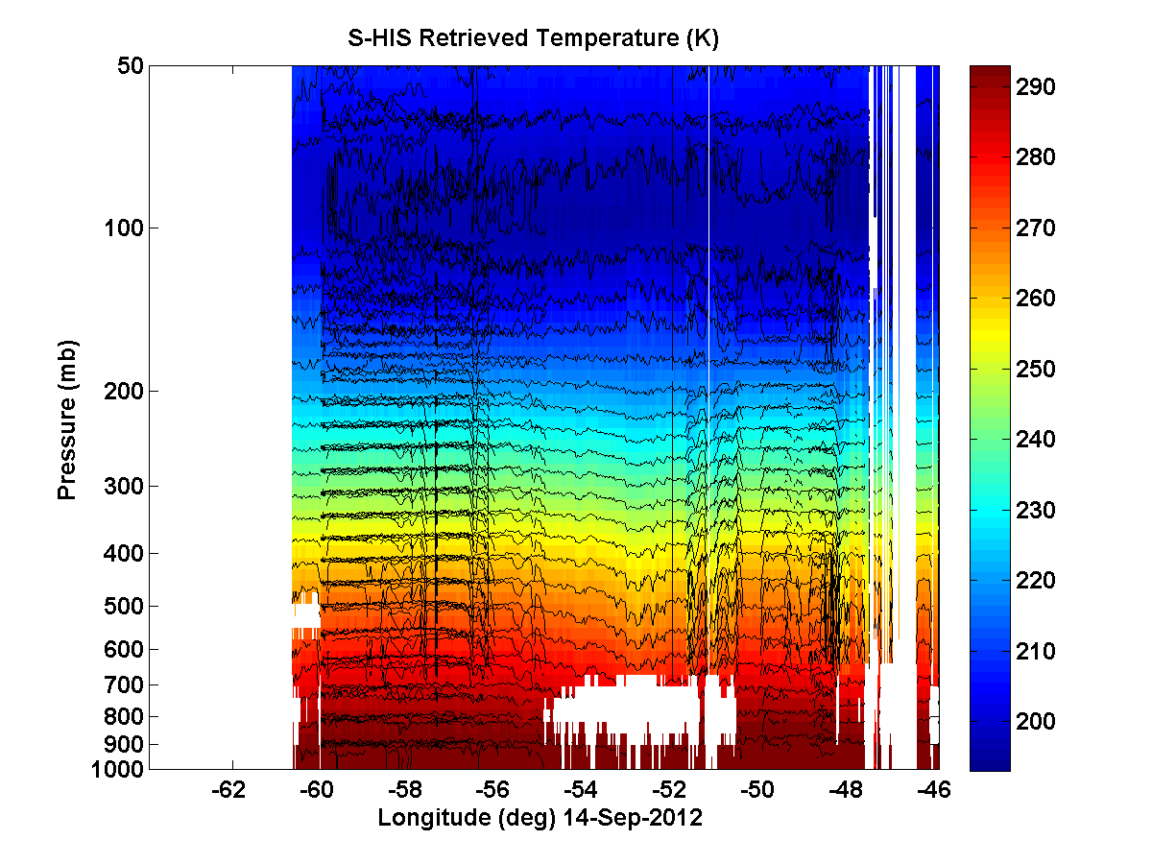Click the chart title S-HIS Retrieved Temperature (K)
(x=534, y=38)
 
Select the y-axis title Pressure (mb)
(x=66, y=420)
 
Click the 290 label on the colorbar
(x=1035, y=87)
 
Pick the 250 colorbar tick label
(x=1035, y=370)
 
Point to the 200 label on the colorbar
(x=1035, y=722)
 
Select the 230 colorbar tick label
(x=1035, y=511)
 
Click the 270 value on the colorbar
(x=1035, y=228)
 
